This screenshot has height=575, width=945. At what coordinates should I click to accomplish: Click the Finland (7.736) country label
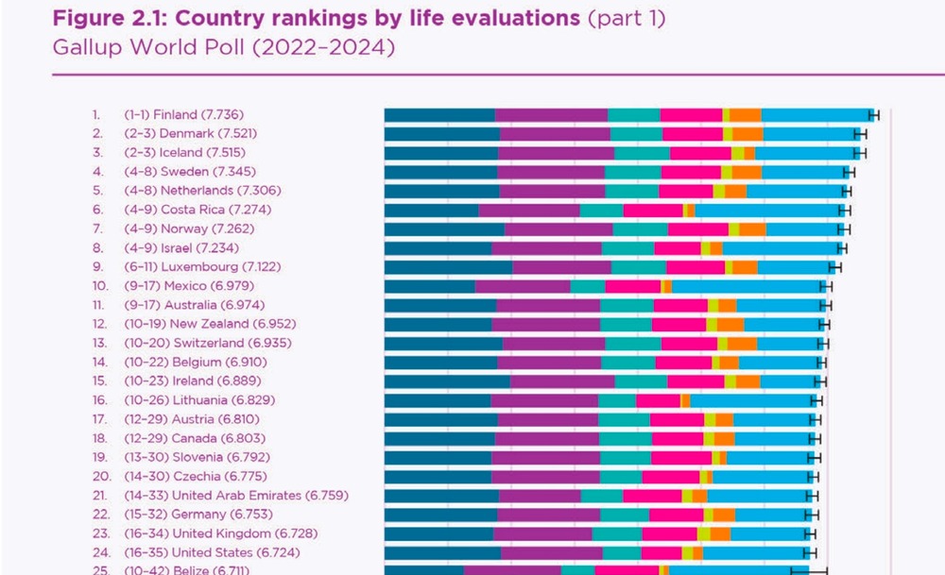pos(196,114)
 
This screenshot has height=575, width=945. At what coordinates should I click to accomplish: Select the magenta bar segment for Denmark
pos(554,133)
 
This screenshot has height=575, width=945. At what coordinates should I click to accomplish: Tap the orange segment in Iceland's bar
pos(749,152)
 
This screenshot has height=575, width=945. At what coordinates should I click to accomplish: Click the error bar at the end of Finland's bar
pos(874,114)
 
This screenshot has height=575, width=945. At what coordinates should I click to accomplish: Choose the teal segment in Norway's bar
pos(640,228)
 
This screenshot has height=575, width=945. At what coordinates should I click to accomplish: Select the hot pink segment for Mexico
pos(632,285)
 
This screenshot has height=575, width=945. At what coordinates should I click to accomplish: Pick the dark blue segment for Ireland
pos(447,381)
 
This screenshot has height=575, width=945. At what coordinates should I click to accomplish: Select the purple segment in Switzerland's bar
pos(554,343)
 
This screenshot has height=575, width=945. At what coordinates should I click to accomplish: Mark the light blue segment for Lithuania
pos(751,399)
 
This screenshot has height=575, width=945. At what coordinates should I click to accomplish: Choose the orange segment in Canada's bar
pos(724,438)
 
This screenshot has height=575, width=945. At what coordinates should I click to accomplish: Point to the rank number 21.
pos(99,495)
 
